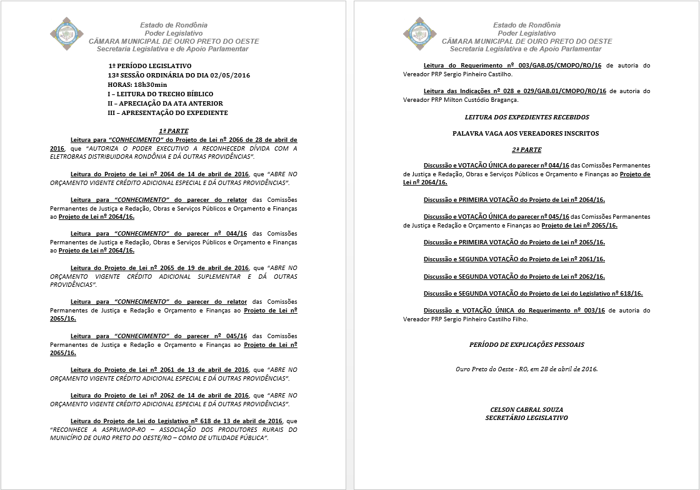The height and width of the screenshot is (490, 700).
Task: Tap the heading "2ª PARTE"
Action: point(526,150)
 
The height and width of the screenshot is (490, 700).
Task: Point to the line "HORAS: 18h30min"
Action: point(137,84)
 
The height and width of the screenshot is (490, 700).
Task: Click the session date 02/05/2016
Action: point(228,75)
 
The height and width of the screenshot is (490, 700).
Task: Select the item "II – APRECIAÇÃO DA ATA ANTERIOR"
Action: point(165,103)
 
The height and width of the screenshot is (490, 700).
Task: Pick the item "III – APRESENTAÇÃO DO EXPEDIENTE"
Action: point(167,112)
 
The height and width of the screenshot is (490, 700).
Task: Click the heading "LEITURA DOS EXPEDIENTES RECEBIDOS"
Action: point(526,117)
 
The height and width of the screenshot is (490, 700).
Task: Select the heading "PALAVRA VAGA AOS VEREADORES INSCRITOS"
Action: point(526,133)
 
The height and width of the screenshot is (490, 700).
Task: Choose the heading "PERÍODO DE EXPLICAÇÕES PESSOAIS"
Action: point(526,344)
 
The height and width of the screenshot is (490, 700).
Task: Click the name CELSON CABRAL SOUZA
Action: point(526,409)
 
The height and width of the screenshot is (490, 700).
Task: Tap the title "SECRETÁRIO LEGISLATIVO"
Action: point(526,417)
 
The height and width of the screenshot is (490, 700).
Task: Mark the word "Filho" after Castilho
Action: point(519,319)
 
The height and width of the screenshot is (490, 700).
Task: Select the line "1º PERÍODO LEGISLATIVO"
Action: point(149,66)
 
